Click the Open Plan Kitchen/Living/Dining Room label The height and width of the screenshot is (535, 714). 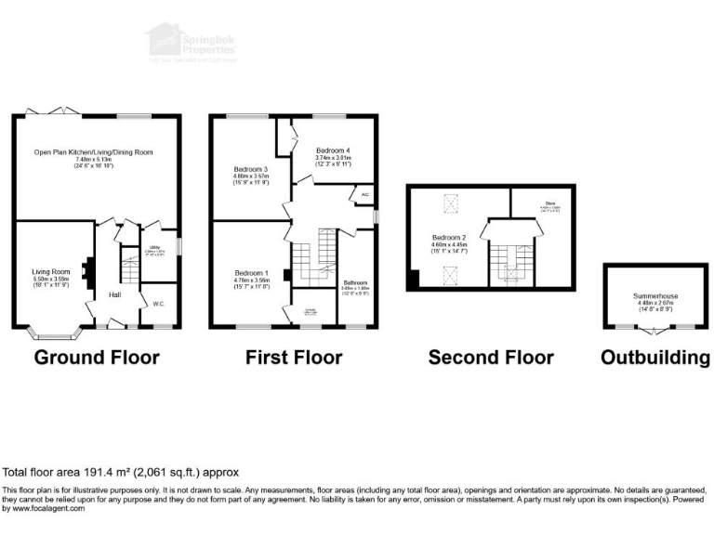(x=93, y=151)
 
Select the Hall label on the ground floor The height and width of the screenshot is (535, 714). (x=114, y=294)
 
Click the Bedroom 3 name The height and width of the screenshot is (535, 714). (x=249, y=168)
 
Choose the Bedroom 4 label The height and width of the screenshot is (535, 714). (x=333, y=150)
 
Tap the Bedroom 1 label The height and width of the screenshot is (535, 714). (x=249, y=272)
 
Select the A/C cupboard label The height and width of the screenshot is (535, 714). (x=364, y=195)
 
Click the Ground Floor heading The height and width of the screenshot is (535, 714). (x=97, y=358)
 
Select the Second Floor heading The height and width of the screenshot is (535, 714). (x=491, y=358)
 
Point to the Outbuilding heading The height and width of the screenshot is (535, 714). (x=655, y=358)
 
